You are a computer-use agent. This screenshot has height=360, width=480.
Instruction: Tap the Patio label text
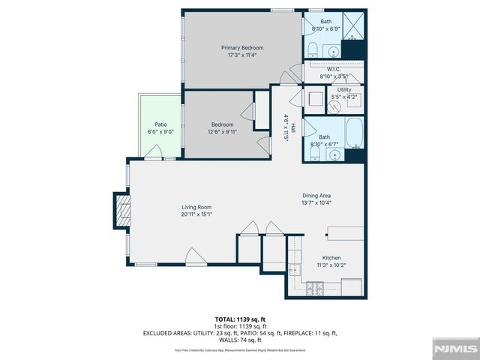click(160, 124)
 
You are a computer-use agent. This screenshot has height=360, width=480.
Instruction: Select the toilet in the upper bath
click(312, 49)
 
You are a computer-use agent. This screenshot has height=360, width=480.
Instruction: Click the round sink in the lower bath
click(334, 154)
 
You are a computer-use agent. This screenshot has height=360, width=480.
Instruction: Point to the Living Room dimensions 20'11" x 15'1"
click(196, 214)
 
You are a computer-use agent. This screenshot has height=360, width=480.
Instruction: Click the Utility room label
click(343, 90)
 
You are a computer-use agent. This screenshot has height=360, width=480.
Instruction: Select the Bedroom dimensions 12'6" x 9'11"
click(222, 132)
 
